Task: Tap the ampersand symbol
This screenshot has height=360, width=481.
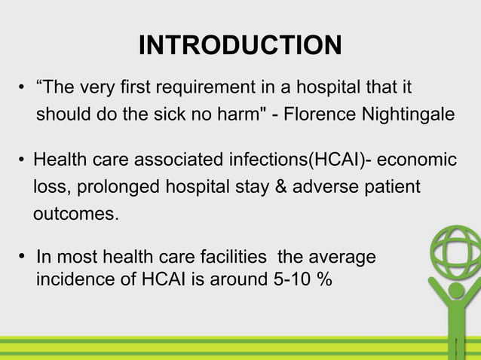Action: click(x=275, y=187)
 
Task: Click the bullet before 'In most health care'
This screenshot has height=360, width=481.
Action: click(x=23, y=258)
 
